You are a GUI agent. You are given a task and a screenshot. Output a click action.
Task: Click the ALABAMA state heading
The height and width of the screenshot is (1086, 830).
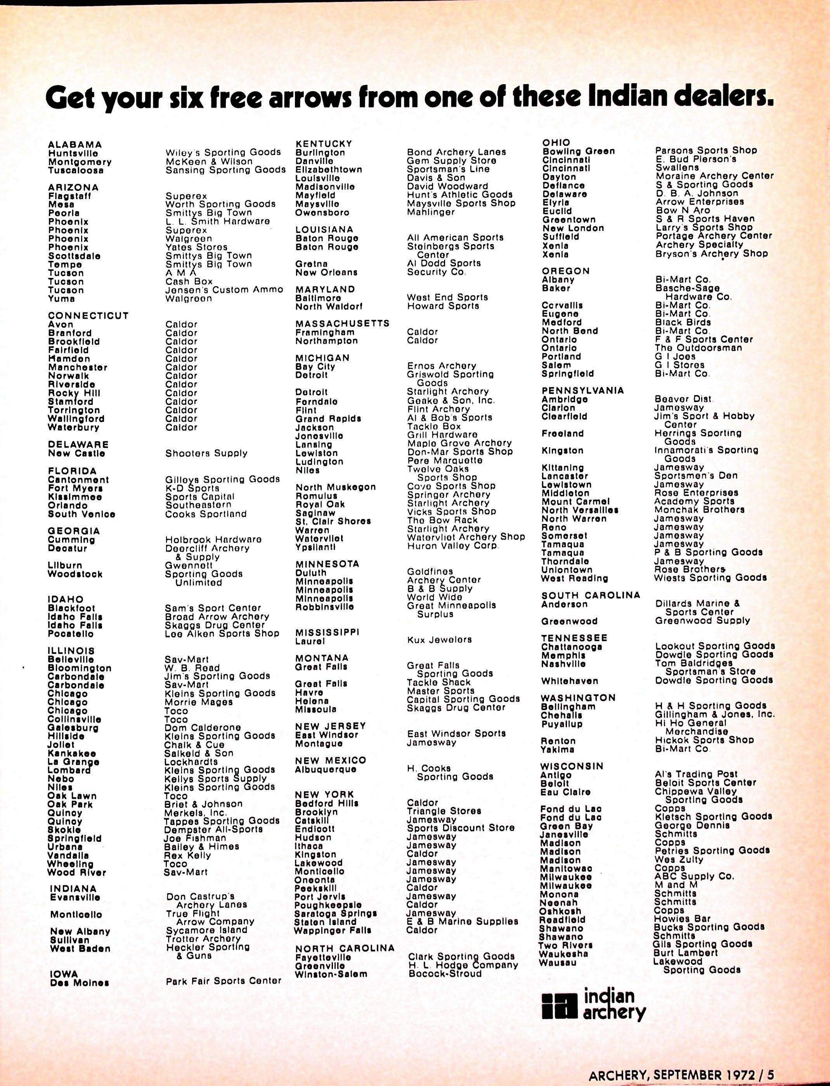[x=75, y=145]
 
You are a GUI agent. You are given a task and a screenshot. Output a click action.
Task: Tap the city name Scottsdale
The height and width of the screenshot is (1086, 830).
[x=74, y=256]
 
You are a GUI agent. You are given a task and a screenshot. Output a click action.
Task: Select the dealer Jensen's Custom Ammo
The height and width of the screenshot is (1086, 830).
[x=224, y=290]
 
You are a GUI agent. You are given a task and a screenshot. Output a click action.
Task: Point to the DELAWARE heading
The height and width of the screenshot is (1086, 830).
[x=78, y=445]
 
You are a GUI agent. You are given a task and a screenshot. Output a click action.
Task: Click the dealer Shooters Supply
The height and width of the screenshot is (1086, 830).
[x=206, y=453]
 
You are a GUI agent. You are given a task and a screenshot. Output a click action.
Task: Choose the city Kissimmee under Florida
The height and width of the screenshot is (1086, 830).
[x=75, y=497]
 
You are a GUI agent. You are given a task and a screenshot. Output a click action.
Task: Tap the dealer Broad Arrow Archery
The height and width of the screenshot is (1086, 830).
[x=217, y=617]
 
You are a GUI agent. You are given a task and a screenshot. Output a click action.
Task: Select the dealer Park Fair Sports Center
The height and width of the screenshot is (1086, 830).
[x=223, y=981]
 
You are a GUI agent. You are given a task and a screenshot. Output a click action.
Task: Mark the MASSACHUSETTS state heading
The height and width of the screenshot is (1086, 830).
[x=342, y=324]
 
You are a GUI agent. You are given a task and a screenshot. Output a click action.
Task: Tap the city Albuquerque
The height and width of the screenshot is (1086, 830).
[x=326, y=770]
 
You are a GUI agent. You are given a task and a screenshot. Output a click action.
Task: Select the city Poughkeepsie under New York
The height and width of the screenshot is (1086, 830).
[x=328, y=905]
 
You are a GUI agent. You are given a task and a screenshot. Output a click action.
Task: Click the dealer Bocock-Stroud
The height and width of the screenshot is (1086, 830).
[x=445, y=974]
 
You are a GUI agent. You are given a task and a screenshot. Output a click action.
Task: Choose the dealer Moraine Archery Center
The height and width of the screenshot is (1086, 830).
[x=714, y=176]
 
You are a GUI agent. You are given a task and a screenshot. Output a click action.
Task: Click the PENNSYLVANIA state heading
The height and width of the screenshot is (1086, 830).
[x=583, y=391]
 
